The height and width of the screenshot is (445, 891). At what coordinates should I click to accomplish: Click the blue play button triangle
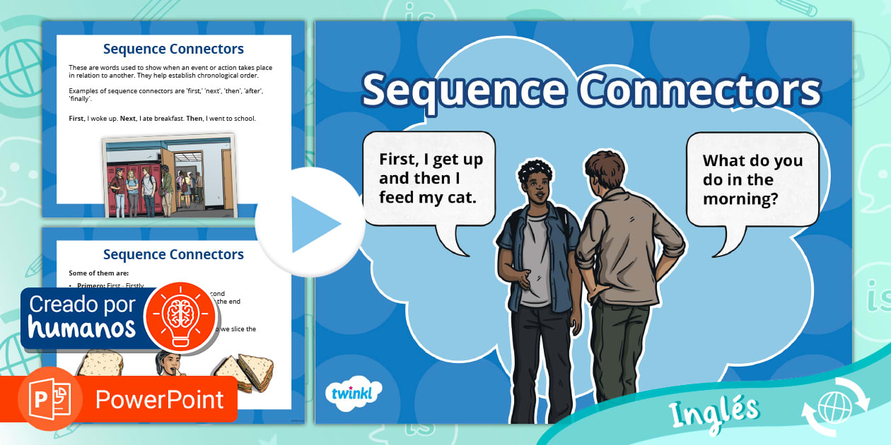(314, 224)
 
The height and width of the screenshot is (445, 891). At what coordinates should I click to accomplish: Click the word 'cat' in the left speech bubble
(460, 197)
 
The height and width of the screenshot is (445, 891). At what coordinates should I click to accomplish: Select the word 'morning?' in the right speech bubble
(740, 199)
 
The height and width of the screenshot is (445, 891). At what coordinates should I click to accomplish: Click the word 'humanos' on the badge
(82, 328)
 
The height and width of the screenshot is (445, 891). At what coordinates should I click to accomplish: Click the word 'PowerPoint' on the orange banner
(160, 400)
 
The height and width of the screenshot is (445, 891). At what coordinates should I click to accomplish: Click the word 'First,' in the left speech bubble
(400, 159)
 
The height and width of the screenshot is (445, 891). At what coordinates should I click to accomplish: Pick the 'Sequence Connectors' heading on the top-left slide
(173, 49)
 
